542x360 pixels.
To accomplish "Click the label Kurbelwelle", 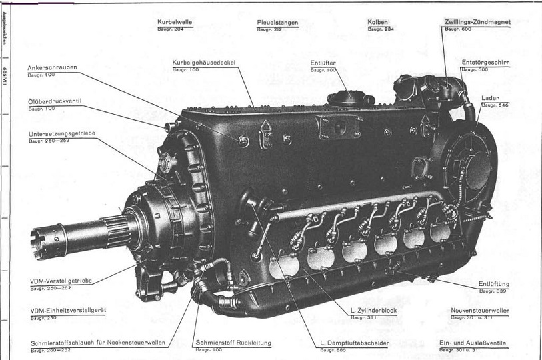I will coord(174,22).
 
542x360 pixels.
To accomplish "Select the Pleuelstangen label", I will coord(277,22).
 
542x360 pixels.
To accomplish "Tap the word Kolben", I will coord(377,22).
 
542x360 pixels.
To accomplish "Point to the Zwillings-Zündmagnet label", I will coord(477,22).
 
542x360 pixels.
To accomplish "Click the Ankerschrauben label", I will coord(53,67).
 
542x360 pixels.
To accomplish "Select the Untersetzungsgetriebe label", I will coord(62,133).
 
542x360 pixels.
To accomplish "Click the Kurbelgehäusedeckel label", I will coord(204,62).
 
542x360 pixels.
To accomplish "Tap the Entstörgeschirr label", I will coord(485,62).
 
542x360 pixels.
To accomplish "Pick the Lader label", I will coord(490,98).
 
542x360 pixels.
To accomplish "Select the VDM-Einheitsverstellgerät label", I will coord(69,311).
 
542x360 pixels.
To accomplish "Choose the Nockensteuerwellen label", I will coord(480,311).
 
